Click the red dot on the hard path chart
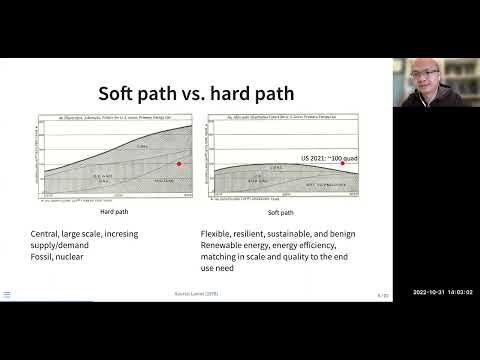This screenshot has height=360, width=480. (179, 163)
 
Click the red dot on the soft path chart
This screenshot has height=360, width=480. (343, 163)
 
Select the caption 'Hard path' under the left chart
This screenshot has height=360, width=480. (113, 212)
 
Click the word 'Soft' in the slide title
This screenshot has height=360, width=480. (123, 94)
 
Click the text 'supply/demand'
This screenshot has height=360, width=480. (62, 246)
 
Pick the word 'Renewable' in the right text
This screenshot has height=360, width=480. (225, 246)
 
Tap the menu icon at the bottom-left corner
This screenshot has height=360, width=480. (7, 295)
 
